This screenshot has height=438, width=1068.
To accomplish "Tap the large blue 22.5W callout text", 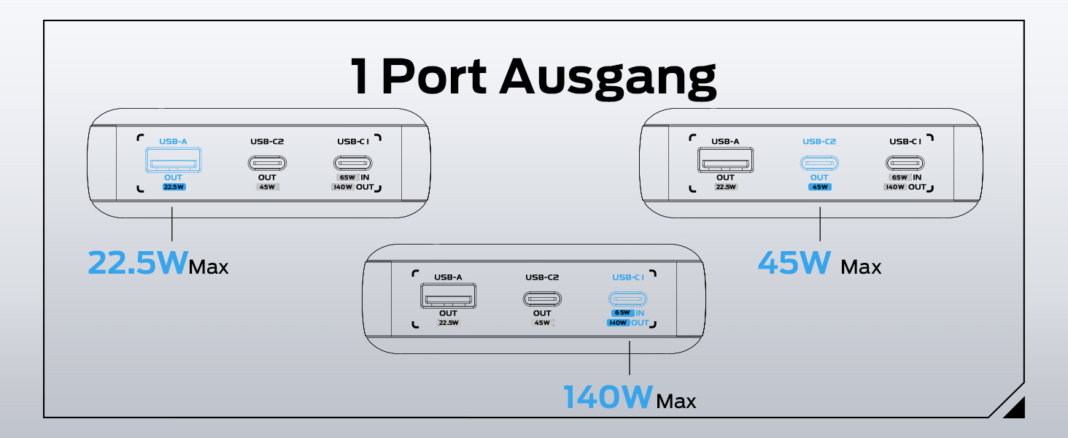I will (x=137, y=263).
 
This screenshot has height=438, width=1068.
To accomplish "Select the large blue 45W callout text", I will (x=795, y=263).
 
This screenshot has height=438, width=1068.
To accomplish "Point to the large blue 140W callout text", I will (x=608, y=397).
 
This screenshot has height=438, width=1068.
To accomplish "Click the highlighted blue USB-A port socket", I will (x=173, y=160).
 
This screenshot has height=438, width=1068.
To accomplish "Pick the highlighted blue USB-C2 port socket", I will (x=819, y=163).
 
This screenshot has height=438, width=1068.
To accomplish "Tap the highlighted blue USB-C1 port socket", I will (x=628, y=299).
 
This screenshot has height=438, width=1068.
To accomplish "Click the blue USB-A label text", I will (x=173, y=142).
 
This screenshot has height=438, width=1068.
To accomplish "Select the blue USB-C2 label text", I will (x=819, y=142).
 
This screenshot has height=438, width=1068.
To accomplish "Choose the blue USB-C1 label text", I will (x=628, y=277).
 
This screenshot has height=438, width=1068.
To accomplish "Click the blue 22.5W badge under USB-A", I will (x=173, y=187).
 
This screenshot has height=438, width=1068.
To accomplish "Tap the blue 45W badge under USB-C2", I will (x=819, y=187).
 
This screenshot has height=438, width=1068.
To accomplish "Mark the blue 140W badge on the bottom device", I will (x=618, y=323).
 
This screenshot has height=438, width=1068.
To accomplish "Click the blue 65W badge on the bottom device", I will (x=622, y=312).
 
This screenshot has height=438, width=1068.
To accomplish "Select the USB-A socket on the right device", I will (x=725, y=160).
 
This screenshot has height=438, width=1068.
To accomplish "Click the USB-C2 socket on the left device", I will (x=263, y=163).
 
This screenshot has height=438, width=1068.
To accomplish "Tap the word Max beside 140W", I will (x=676, y=401).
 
